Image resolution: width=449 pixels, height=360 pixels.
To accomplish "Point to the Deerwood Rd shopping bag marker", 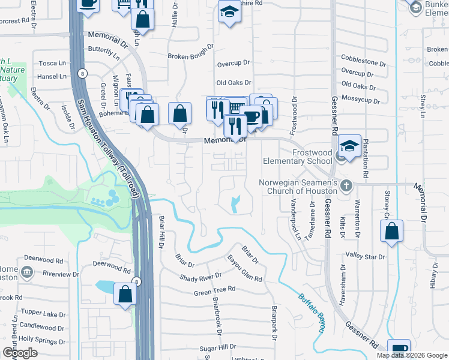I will [x=125, y=295].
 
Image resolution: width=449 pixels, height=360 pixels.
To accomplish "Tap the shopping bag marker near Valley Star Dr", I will [x=391, y=231].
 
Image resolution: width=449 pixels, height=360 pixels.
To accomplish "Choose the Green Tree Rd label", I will [x=214, y=292].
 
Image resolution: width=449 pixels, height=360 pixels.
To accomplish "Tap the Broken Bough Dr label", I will [x=190, y=52].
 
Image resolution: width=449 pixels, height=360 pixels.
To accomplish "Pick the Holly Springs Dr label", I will [x=43, y=341].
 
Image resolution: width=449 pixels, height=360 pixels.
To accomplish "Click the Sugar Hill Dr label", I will [x=219, y=347].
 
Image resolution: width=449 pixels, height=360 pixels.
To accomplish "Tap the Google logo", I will [x=20, y=353].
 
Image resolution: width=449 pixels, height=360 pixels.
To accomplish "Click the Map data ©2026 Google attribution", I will [x=411, y=355].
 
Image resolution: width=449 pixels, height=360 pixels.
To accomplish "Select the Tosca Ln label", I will [x=52, y=63].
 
